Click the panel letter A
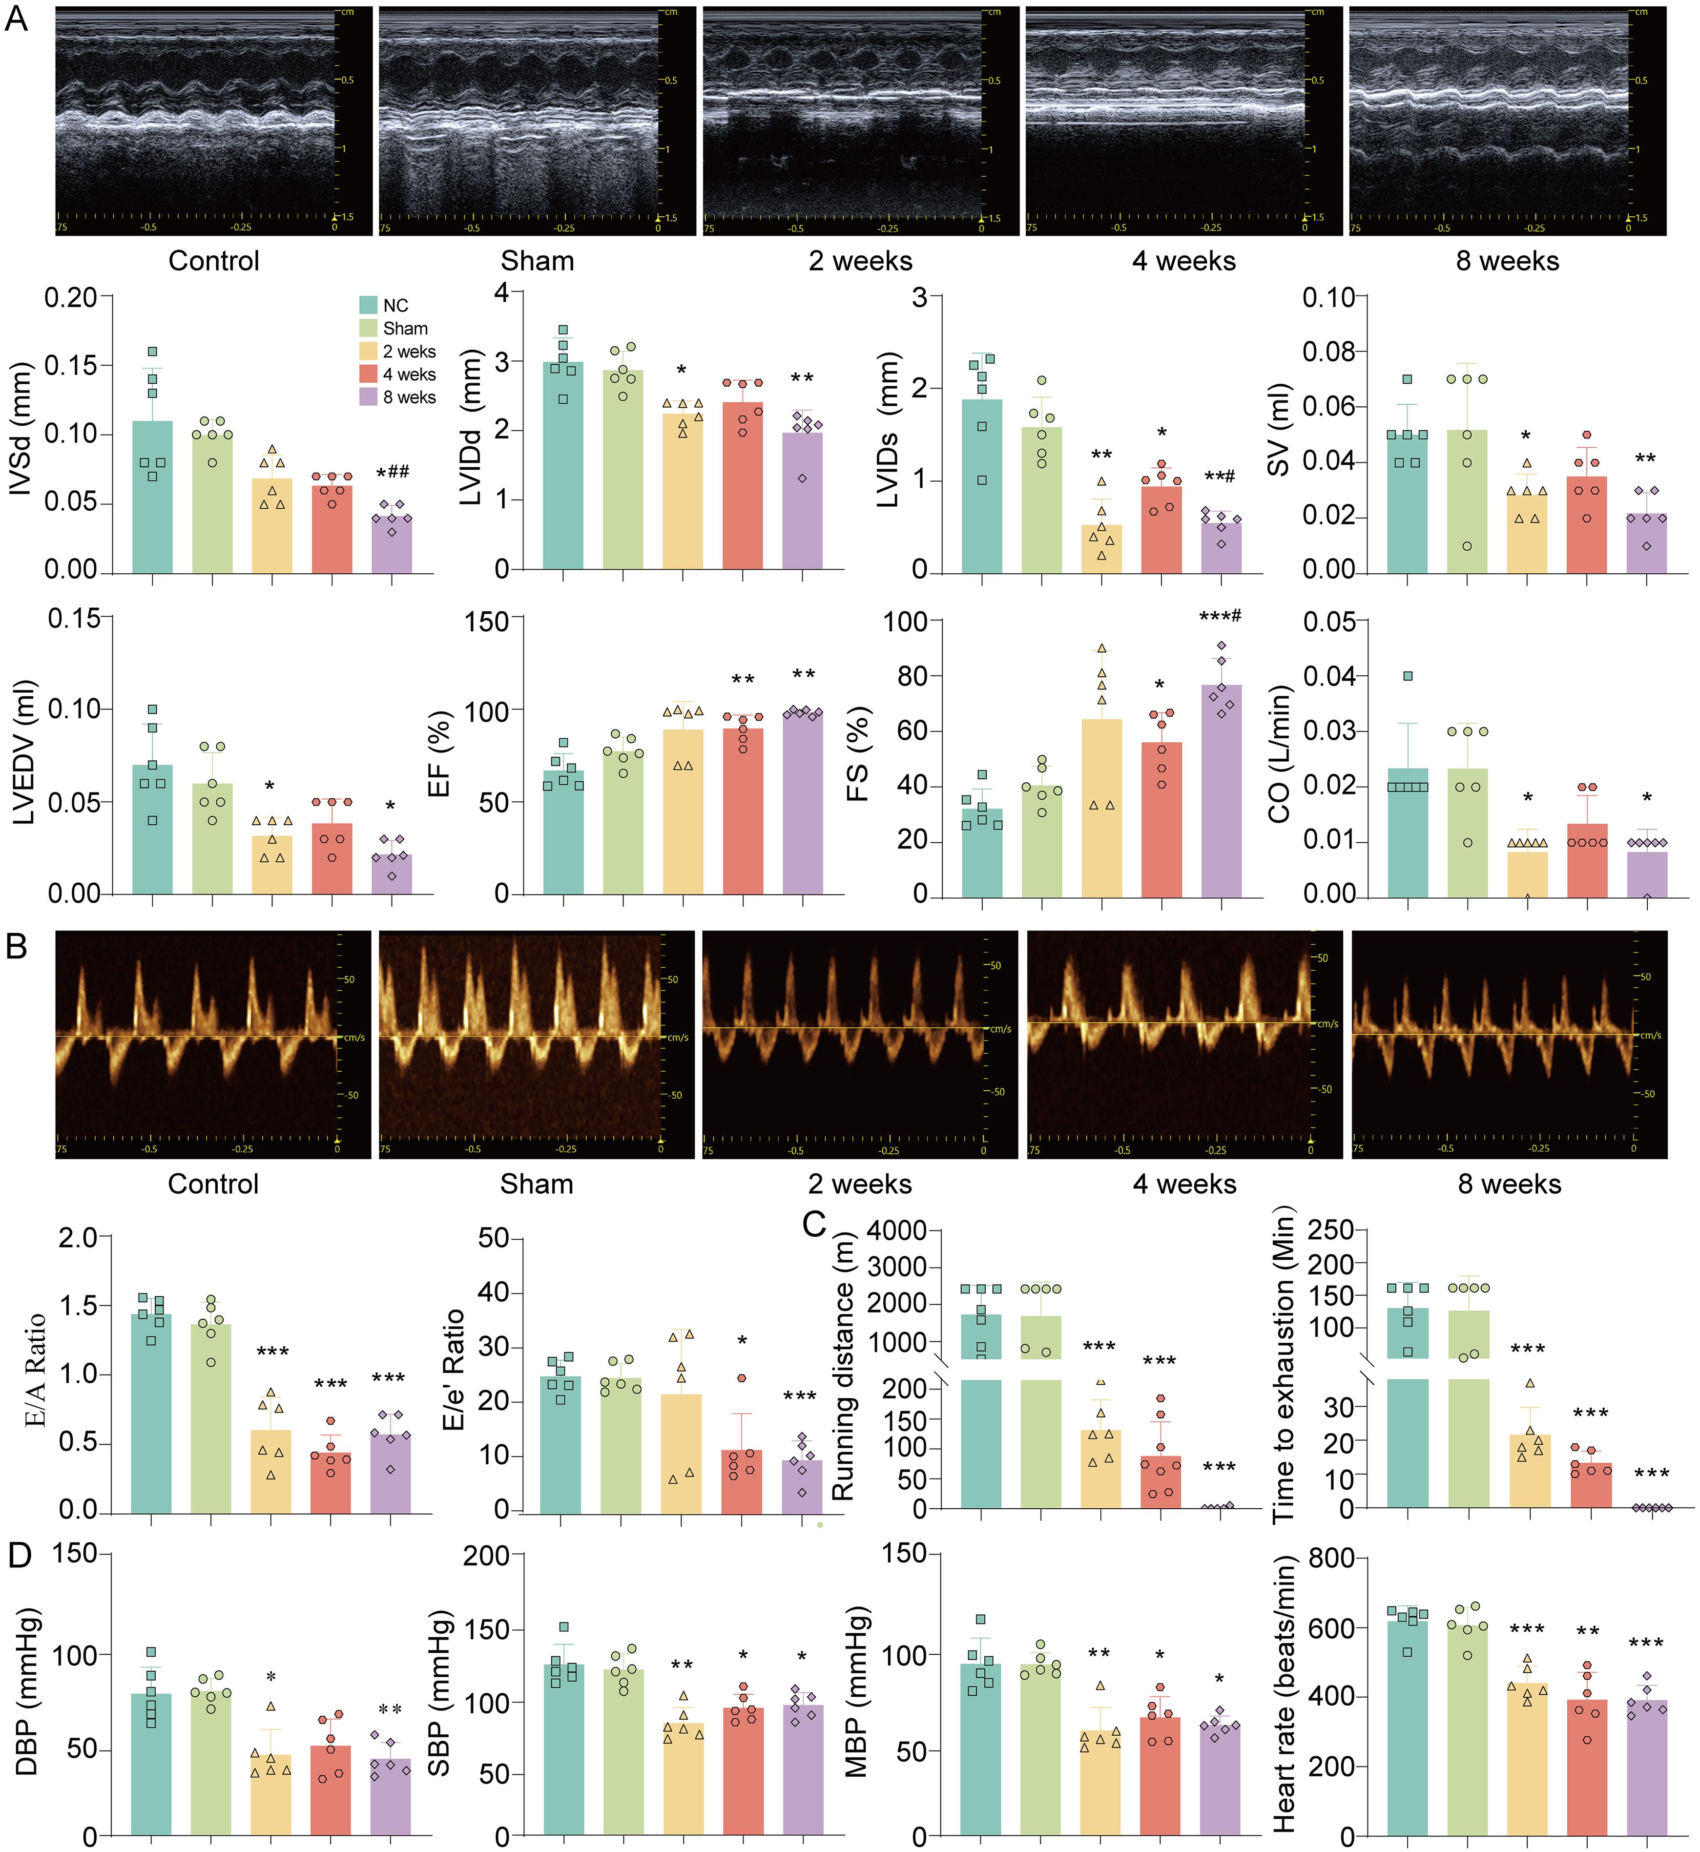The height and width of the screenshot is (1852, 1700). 17,20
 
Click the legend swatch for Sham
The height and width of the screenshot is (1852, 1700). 368,329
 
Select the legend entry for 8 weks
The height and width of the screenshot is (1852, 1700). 409,397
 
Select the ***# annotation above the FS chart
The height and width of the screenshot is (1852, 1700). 1220,616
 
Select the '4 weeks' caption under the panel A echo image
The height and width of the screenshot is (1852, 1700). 1184,261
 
